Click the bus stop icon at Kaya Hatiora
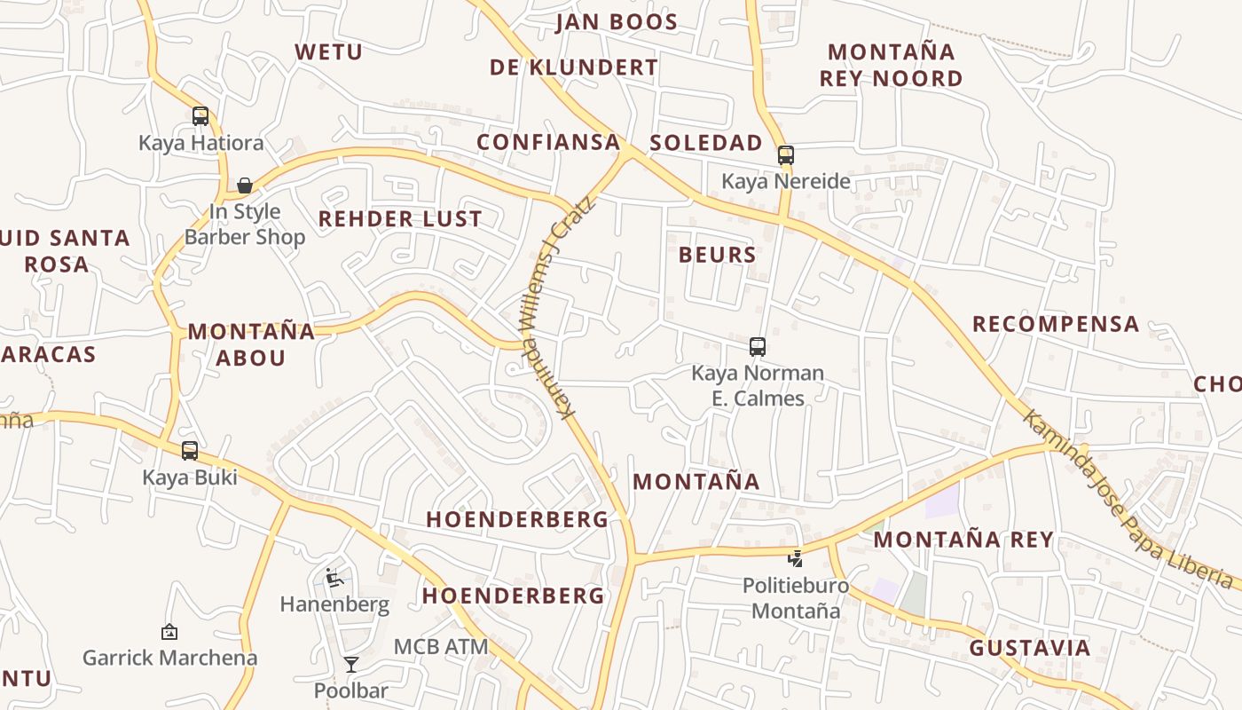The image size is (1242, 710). tap(200, 115)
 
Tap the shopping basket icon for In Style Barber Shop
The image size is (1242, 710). tap(245, 185)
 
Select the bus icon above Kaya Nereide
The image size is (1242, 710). tap(785, 154)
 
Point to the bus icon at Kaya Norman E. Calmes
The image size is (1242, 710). tap(757, 346)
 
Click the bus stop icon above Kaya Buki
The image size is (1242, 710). tap(190, 450)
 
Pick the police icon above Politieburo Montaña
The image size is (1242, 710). tap(796, 558)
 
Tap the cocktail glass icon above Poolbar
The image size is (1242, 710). tap(351, 664)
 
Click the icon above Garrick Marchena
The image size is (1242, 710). tap(169, 632)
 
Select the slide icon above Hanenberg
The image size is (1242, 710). tap(334, 578)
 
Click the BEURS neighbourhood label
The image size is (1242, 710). tap(717, 256)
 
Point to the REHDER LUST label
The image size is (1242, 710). tap(400, 219)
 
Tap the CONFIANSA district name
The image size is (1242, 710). tap(548, 143)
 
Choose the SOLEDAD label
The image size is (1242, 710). tap(705, 143)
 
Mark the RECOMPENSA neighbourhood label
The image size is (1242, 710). tap(1056, 324)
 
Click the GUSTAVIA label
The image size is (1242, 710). tap(1029, 648)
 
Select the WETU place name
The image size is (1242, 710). tap(329, 52)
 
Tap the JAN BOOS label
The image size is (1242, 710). tap(617, 22)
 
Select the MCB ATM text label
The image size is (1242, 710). tap(441, 647)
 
